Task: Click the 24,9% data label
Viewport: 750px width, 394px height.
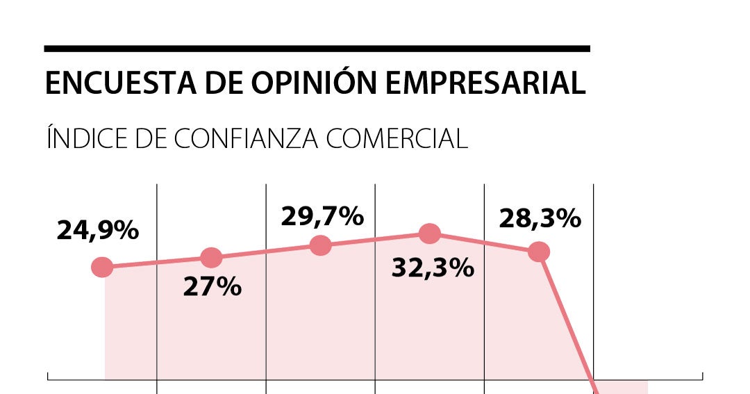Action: pos(98,231)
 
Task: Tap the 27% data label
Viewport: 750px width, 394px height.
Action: pos(212,286)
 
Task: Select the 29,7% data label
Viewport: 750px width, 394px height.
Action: pos(322,216)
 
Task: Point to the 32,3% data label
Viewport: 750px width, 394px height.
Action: pos(433,268)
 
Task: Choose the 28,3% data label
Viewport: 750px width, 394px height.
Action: pos(540,218)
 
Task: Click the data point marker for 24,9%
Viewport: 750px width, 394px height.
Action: pos(102,267)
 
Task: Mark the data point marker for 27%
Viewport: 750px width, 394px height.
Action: pos(211,258)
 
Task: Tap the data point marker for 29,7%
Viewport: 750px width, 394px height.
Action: pos(320,245)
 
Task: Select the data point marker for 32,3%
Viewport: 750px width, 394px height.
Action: pos(430,234)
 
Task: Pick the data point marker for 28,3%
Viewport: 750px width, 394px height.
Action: pos(539,252)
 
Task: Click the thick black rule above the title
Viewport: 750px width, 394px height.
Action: pos(317,49)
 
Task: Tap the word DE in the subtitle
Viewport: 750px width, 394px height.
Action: pos(150,138)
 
